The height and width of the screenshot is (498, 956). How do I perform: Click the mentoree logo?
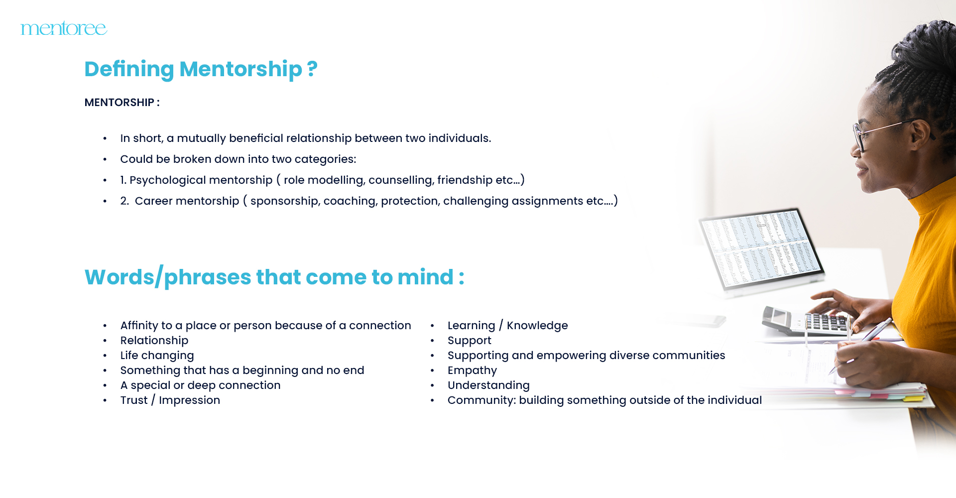[64, 28]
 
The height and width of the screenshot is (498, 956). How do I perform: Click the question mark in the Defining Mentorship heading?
[312, 69]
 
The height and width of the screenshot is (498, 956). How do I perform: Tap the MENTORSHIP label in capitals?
[119, 103]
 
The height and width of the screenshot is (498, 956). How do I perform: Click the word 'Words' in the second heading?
[119, 277]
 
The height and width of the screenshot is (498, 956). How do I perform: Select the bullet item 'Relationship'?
[154, 341]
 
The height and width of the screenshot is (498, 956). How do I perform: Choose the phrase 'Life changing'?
[157, 356]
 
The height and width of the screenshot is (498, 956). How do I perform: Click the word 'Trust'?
[134, 400]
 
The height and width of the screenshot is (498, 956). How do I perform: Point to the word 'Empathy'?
[472, 371]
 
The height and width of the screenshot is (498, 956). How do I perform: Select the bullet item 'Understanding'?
[488, 385]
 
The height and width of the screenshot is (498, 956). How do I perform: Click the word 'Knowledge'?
[537, 326]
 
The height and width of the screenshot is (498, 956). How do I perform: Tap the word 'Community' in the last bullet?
[480, 400]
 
